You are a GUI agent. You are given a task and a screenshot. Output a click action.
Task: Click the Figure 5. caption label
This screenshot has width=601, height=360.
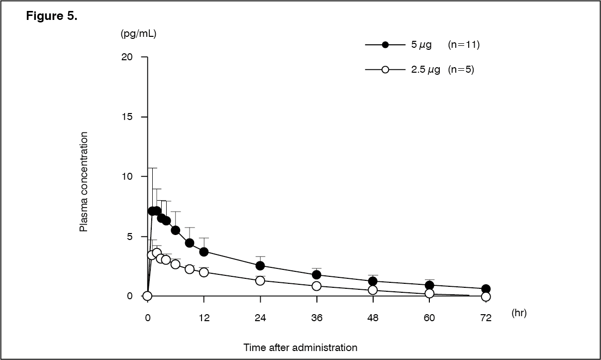[x=52, y=17]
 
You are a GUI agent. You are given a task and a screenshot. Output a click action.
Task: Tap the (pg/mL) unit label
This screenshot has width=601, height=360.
[x=139, y=34]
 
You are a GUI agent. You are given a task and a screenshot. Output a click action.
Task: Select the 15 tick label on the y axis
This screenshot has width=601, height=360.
[x=128, y=117]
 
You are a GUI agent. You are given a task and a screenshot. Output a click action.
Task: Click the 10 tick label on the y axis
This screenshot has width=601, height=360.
[x=128, y=177]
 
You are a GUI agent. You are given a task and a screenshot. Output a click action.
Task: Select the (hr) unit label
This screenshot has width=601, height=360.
[x=518, y=313]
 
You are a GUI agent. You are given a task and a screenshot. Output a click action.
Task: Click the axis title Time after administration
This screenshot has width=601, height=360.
[x=300, y=348]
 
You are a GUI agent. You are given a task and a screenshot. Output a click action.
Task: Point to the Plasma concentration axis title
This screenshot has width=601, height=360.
[x=84, y=182]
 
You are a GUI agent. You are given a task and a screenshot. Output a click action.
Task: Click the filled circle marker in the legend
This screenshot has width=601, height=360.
[x=385, y=45]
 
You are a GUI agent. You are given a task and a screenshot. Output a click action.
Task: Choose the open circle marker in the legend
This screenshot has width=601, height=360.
[x=385, y=70]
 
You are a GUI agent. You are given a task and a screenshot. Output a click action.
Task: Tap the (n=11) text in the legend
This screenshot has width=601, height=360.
[x=463, y=45]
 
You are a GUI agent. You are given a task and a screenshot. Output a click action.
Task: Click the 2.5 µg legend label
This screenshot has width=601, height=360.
[x=425, y=70]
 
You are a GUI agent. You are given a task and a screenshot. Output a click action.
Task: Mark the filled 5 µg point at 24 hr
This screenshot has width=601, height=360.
[x=260, y=266]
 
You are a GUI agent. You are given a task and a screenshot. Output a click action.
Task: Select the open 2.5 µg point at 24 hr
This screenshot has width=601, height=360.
[x=260, y=281]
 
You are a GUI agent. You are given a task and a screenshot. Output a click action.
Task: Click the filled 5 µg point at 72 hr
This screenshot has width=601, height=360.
[x=486, y=289]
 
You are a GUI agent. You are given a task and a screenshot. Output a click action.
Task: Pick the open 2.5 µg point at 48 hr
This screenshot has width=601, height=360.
[x=373, y=290]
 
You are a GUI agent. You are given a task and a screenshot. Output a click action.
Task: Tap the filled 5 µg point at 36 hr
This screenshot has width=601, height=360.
[x=316, y=275]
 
